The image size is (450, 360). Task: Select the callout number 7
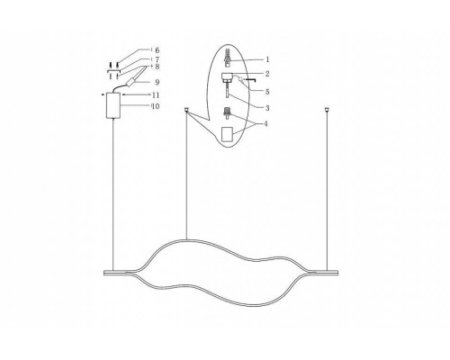coord(156,59)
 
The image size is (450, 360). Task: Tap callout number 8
coord(156,67)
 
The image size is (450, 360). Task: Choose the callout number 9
coord(156,82)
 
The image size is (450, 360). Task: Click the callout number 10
coord(155,106)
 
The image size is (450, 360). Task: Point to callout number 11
coord(155,94)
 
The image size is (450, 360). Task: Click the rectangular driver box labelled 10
coord(113,105)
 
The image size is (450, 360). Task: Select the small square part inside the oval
coord(229,133)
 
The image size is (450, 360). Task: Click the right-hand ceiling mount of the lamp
coord(326,111)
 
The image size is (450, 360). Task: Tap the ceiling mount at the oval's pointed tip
coord(185,112)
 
